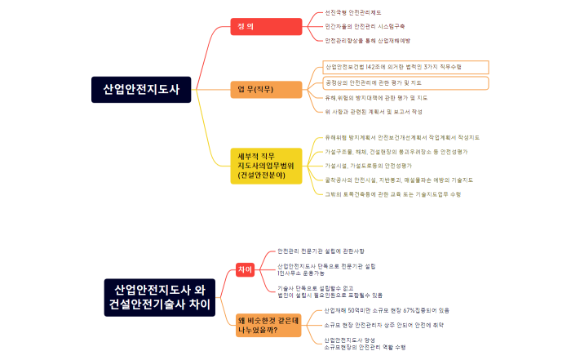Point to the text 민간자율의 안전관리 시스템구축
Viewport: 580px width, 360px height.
365,26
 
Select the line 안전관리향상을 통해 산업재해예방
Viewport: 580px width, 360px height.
367,40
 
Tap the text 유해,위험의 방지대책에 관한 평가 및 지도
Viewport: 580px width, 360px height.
376,97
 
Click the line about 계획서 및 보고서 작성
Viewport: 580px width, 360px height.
374,112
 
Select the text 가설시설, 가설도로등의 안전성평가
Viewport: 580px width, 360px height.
368,165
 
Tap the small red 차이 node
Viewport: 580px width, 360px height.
245,269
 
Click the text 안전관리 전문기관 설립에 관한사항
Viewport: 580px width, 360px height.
321,251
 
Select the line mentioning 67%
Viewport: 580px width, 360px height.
387,310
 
